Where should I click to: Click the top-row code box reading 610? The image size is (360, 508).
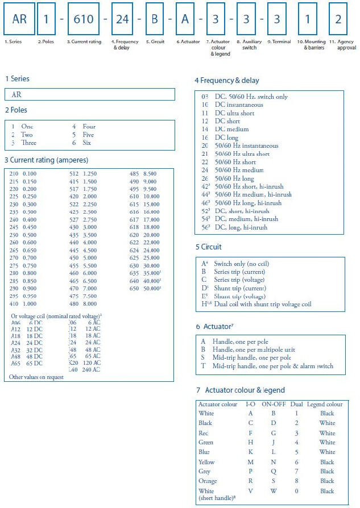pyautogui.click(x=86, y=19)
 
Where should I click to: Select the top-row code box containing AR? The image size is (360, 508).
pyautogui.click(x=19, y=19)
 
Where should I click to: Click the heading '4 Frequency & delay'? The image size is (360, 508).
pyautogui.click(x=226, y=81)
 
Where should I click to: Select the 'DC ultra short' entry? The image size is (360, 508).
pyautogui.click(x=234, y=113)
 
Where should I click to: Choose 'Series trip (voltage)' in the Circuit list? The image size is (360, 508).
pyautogui.click(x=240, y=280)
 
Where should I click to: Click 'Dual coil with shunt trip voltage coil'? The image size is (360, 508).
pyautogui.click(x=263, y=304)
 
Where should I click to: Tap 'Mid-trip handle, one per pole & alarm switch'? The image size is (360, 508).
pyautogui.click(x=272, y=366)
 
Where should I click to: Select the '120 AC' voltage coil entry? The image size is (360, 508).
pyautogui.click(x=89, y=362)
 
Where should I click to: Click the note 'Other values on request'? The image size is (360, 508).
pyautogui.click(x=35, y=377)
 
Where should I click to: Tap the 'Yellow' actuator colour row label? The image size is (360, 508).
pyautogui.click(x=206, y=462)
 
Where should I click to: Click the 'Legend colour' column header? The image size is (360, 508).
pyautogui.click(x=325, y=404)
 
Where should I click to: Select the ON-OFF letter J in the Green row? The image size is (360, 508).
pyautogui.click(x=273, y=442)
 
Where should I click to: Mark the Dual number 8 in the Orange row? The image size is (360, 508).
pyautogui.click(x=296, y=481)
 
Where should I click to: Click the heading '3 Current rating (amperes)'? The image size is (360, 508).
pyautogui.click(x=46, y=160)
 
